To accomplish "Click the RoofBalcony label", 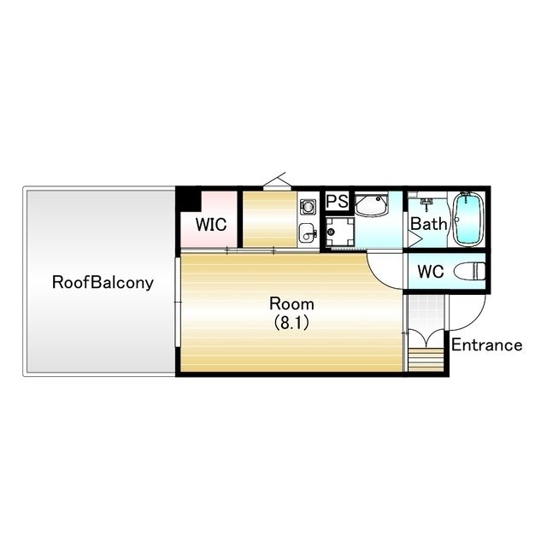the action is (x=103, y=282).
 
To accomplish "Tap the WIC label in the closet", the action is (x=211, y=224).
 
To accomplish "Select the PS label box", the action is (x=337, y=201).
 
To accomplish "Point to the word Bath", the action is (x=428, y=224).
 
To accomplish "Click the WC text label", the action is (x=431, y=272).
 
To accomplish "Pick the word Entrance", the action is (x=487, y=345).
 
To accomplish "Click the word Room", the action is (x=291, y=304).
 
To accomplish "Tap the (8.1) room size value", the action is (x=291, y=323).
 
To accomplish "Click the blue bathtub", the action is (x=469, y=219).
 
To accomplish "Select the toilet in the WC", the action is (x=469, y=271).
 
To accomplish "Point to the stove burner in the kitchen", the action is (x=308, y=207).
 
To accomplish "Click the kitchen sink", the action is (x=308, y=232).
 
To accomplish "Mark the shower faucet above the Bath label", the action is (x=426, y=203).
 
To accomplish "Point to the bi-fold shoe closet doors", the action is (x=426, y=338).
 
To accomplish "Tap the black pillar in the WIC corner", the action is (x=188, y=201).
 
